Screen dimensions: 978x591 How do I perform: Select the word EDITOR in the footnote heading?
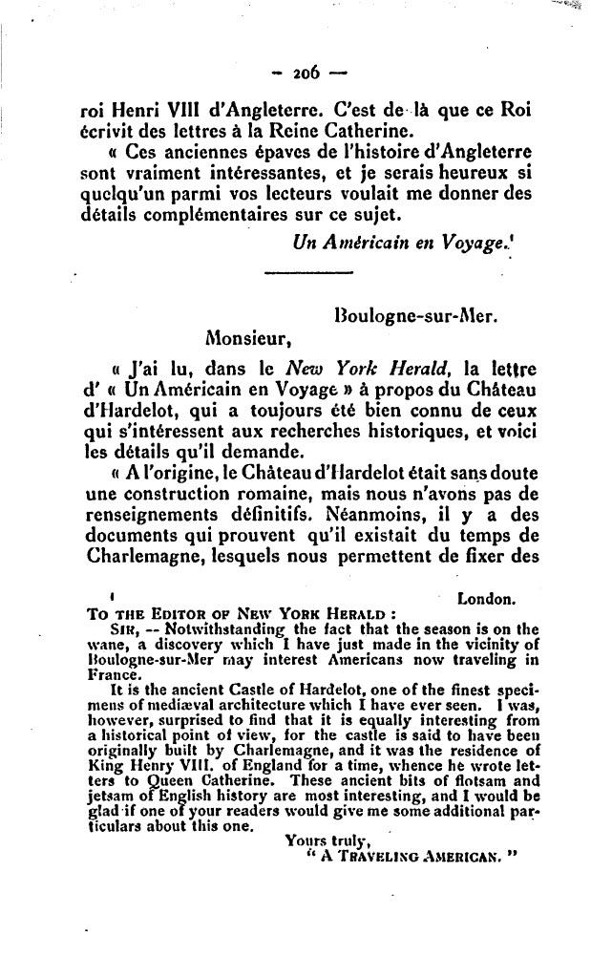pos(164,615)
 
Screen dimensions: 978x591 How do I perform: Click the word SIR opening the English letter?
pos(123,629)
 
